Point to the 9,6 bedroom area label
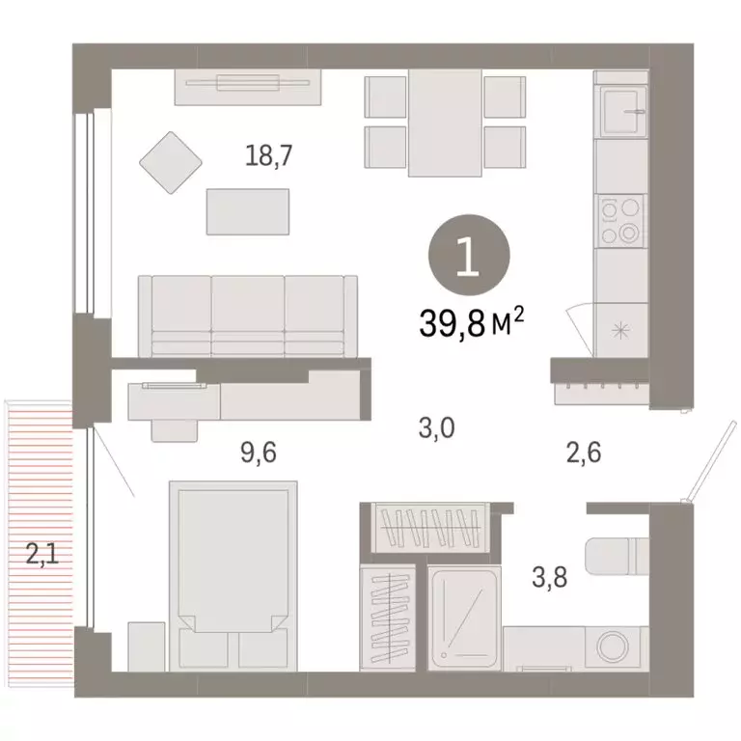click(258, 453)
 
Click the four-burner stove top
click(619, 221)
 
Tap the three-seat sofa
click(248, 315)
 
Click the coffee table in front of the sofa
click(248, 211)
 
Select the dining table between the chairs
click(444, 123)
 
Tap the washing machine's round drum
click(612, 647)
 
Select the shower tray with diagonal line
click(464, 617)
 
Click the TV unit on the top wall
click(246, 87)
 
